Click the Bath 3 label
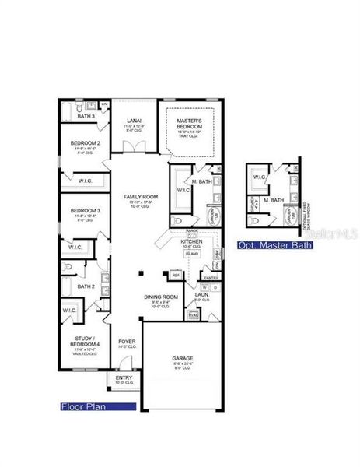tap(86, 117)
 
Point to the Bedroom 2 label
tap(86, 143)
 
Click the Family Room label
tap(141, 197)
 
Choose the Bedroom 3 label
tap(86, 211)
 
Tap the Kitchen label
tap(191, 242)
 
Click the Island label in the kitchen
tap(190, 253)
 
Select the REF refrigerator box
tap(176, 276)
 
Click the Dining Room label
tap(161, 297)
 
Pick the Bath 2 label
tap(86, 286)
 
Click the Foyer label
tap(126, 342)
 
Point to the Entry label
tap(121, 378)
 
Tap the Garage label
tap(183, 360)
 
